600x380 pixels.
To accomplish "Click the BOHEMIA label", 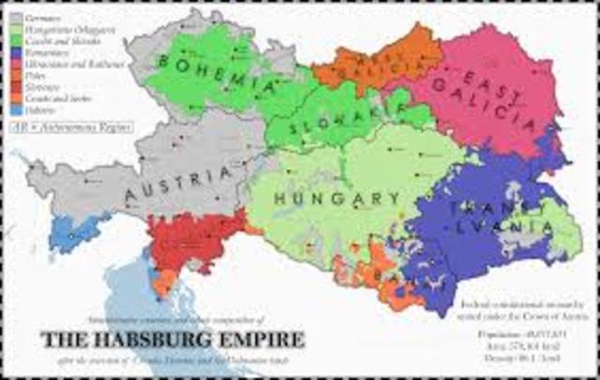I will click(x=219, y=74).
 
